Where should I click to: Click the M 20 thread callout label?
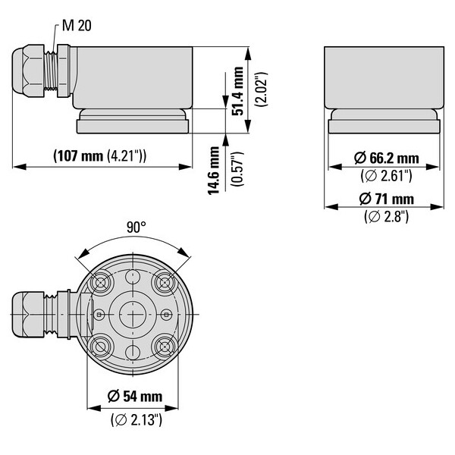pyautogui.click(x=77, y=26)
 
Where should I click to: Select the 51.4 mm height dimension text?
pyautogui.click(x=237, y=91)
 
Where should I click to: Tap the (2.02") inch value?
pyautogui.click(x=261, y=89)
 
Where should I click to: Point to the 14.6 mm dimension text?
pyautogui.click(x=214, y=171)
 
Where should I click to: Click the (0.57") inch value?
pyautogui.click(x=237, y=168)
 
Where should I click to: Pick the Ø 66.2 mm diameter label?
pyautogui.click(x=386, y=158)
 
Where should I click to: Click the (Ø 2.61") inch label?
pyautogui.click(x=386, y=176)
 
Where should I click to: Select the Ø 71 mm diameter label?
pyautogui.click(x=386, y=199)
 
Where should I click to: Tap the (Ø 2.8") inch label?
pyautogui.click(x=386, y=216)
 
